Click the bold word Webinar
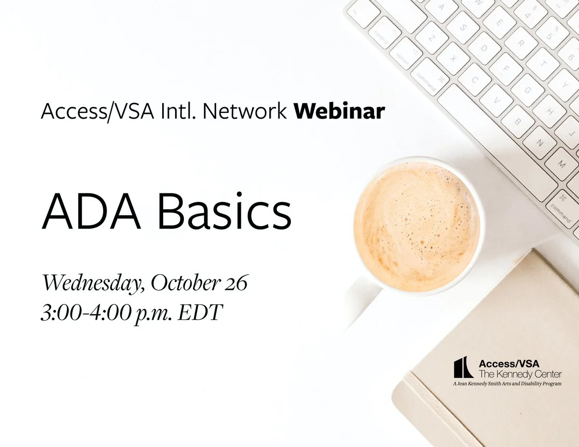point(339,111)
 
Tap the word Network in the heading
point(245,111)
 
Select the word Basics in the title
point(225,211)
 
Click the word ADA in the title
point(91,211)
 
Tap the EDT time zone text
point(200,312)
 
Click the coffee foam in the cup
point(417,227)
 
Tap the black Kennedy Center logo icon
point(463,367)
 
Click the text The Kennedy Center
point(520,374)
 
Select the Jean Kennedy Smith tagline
point(507,384)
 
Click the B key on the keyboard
point(518,122)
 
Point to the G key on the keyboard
point(527,91)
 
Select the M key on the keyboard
point(562,164)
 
